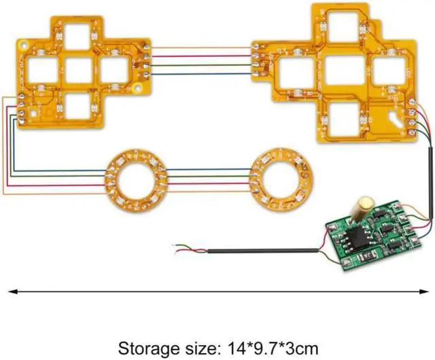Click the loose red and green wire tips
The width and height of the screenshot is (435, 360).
pos(179,248)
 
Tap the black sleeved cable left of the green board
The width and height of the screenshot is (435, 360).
pos(272,249)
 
